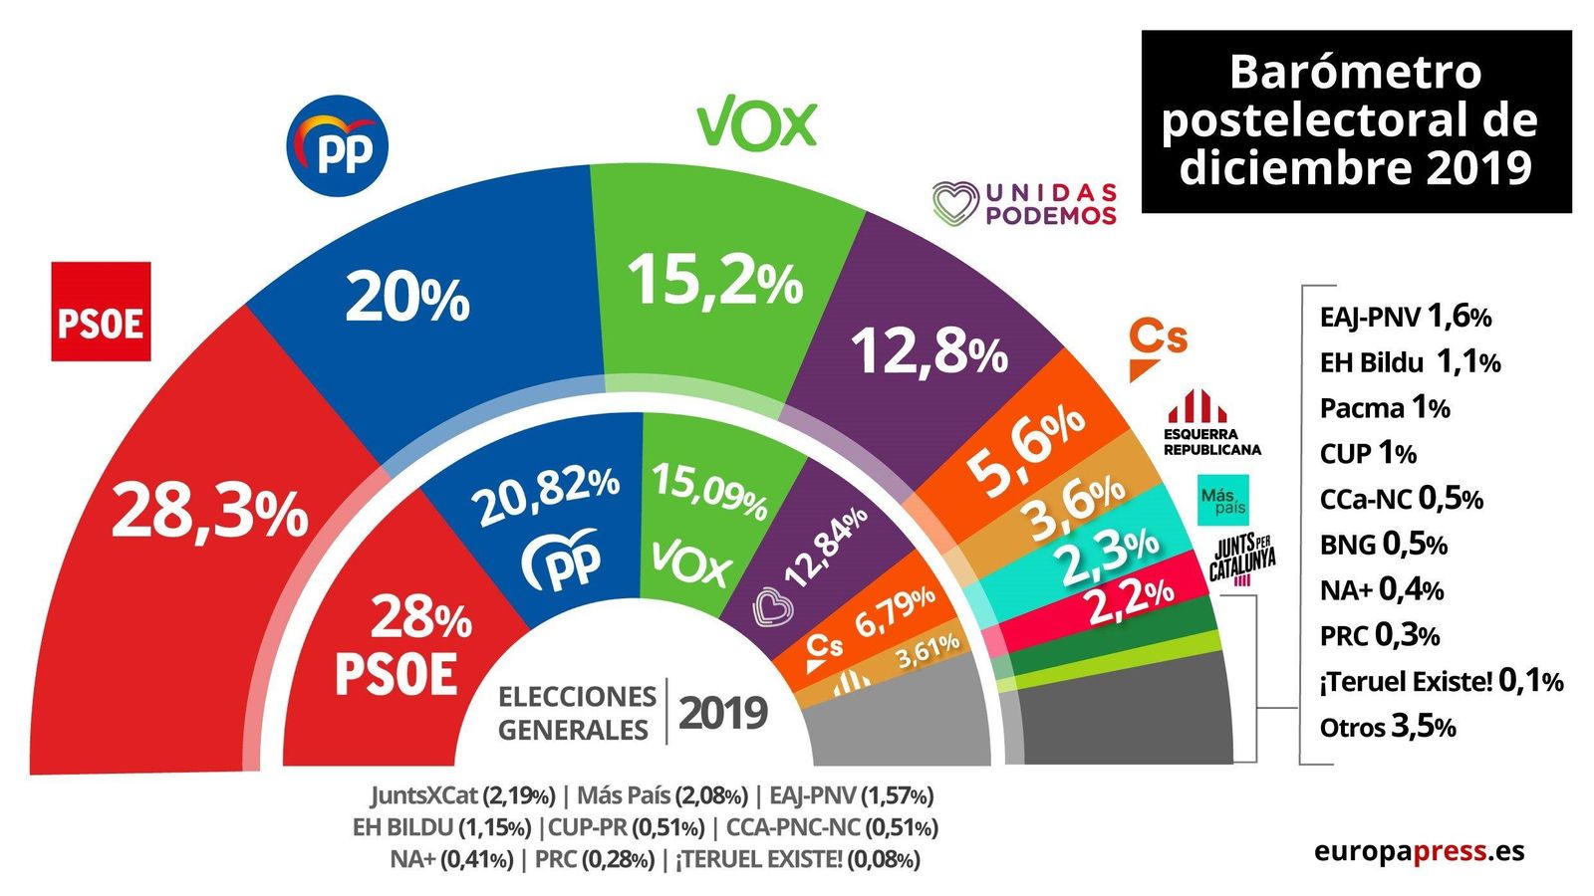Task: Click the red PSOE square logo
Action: (101, 312)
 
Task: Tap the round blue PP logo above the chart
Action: (337, 146)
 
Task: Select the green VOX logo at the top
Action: (756, 122)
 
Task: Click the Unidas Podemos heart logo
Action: (955, 203)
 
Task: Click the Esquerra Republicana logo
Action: (1211, 423)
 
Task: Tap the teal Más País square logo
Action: (1223, 501)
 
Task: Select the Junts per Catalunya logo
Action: (1242, 560)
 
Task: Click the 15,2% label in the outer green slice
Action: (714, 281)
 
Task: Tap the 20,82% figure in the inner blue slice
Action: (548, 495)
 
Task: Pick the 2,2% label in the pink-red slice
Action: (1130, 599)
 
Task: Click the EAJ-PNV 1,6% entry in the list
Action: (1405, 317)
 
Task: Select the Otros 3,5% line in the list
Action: (1388, 727)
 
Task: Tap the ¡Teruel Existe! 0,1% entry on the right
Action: (1441, 681)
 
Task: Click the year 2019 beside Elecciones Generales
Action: (723, 714)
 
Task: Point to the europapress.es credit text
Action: (1419, 851)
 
